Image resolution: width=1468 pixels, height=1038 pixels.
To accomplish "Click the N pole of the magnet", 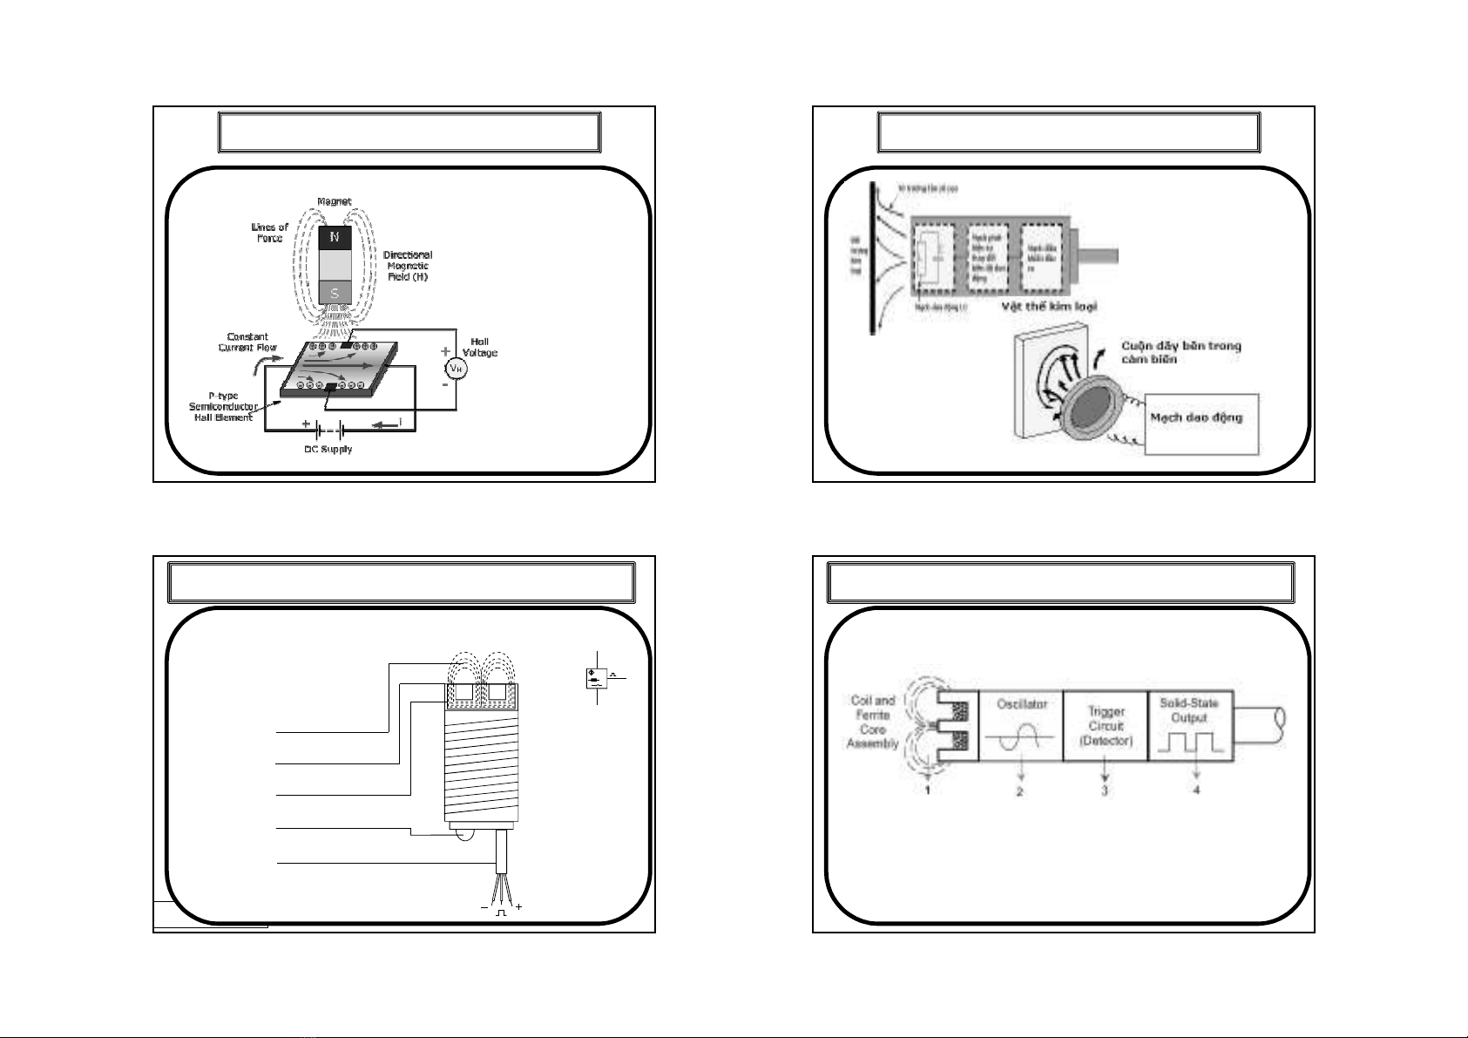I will point(335,237).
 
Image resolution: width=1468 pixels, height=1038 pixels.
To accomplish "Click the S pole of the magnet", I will point(335,293).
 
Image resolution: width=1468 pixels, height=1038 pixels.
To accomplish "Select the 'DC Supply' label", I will point(322,450).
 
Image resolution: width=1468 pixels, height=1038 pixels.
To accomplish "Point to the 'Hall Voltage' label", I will point(479,347).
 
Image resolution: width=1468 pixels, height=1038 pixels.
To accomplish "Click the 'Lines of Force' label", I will point(271,232).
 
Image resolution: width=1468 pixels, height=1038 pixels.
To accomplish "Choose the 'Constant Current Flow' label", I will point(247,342).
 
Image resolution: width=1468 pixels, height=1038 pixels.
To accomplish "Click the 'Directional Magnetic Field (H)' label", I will point(408,265).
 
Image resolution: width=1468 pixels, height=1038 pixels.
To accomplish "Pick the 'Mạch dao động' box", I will point(1201,423).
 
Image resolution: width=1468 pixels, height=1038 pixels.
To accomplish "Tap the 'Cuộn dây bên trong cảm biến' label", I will point(1180,352).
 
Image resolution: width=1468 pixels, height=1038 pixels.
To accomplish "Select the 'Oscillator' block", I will point(1020,727).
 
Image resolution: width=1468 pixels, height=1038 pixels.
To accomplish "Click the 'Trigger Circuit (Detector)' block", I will point(1106,727).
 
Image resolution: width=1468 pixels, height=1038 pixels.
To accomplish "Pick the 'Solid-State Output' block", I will point(1189,727).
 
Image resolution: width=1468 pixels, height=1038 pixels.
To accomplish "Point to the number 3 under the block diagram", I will point(1105,790).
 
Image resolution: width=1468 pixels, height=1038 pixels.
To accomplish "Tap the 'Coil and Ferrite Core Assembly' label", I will point(872,722).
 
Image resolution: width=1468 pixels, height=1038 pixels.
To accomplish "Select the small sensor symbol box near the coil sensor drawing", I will point(597,677).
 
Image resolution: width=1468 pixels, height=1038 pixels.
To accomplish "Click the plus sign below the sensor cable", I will point(518,907).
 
